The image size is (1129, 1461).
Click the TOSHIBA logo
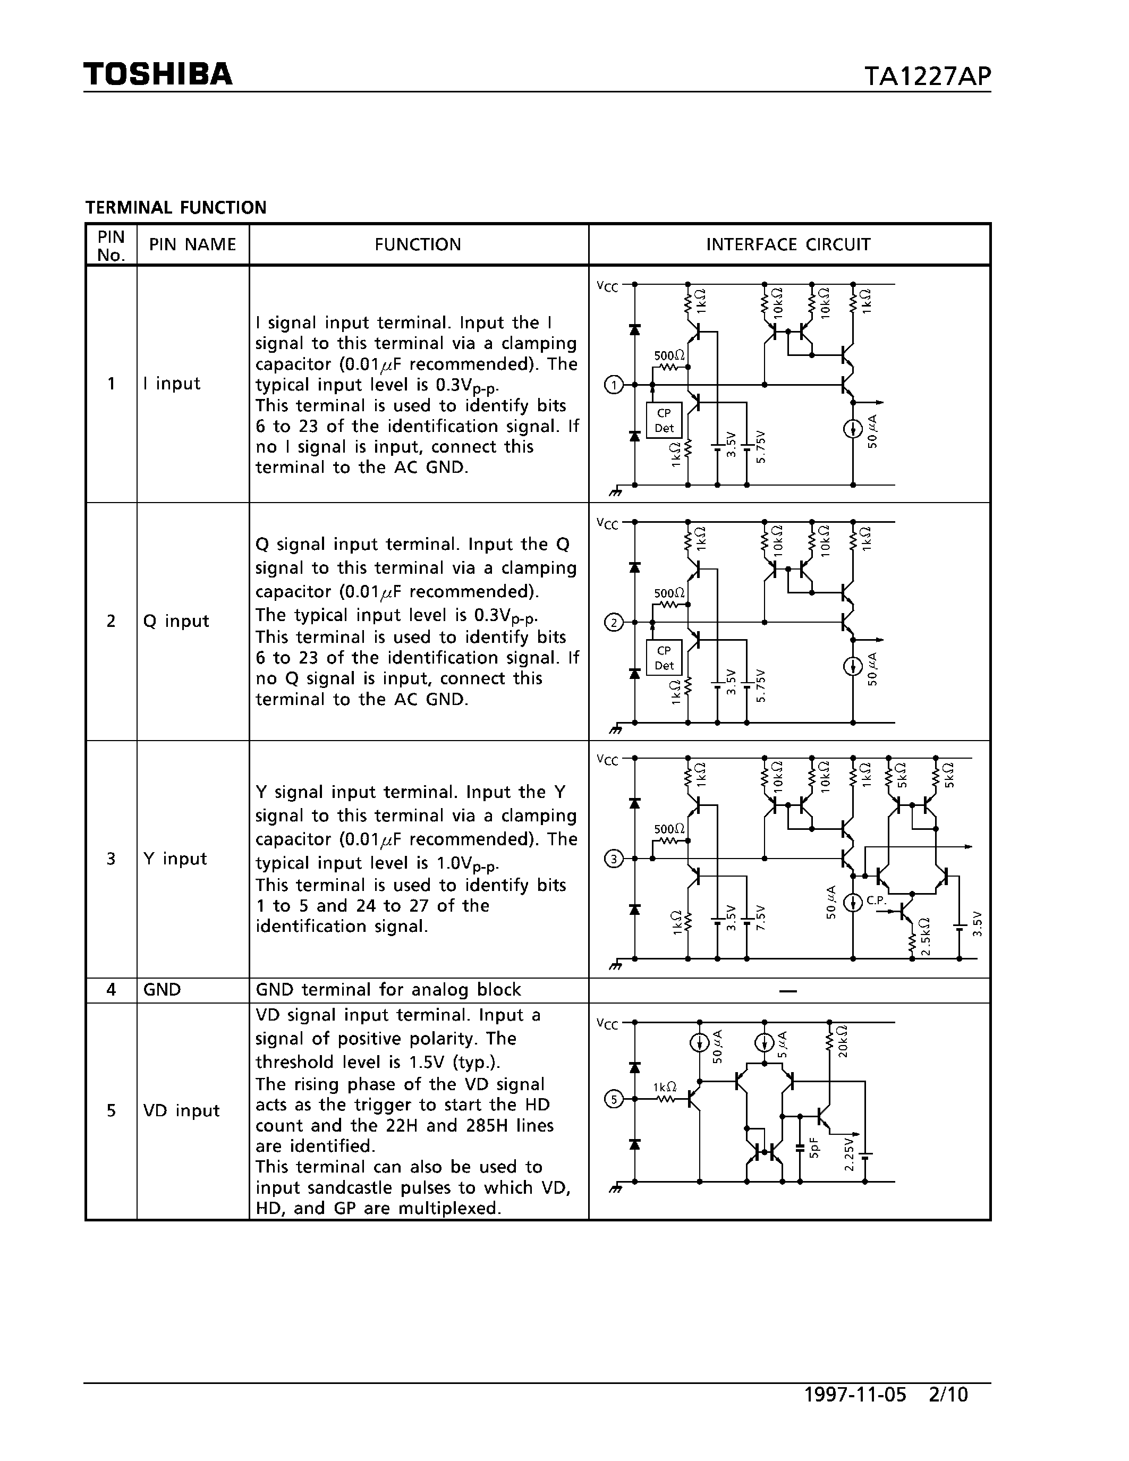point(158,74)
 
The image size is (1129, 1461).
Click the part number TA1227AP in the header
point(927,77)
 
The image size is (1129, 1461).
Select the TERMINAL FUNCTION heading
point(176,207)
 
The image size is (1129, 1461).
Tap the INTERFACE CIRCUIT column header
point(788,245)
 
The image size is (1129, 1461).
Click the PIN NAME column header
point(193,245)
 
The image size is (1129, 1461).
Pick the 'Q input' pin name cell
point(176,622)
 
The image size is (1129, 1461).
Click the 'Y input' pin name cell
point(175,859)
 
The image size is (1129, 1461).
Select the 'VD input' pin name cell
point(181,1111)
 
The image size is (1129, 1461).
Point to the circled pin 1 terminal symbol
point(613,385)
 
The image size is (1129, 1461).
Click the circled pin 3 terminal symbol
point(613,859)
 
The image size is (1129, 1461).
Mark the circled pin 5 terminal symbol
point(613,1099)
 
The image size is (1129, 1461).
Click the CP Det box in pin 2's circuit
point(664,658)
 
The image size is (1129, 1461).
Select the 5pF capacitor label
point(813,1148)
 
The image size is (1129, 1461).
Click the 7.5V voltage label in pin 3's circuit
point(760,916)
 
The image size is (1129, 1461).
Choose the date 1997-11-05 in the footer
point(855,1395)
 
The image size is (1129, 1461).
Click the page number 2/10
point(948,1395)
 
